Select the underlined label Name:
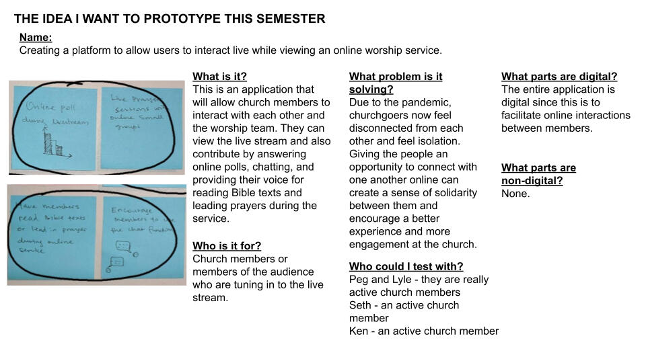tap(36, 38)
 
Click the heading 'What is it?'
tap(219, 77)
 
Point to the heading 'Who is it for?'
tap(227, 246)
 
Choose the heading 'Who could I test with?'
tap(406, 266)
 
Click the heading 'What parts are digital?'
tap(559, 77)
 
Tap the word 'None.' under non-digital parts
tap(515, 194)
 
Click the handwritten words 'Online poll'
tap(44, 106)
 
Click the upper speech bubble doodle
tap(123, 245)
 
